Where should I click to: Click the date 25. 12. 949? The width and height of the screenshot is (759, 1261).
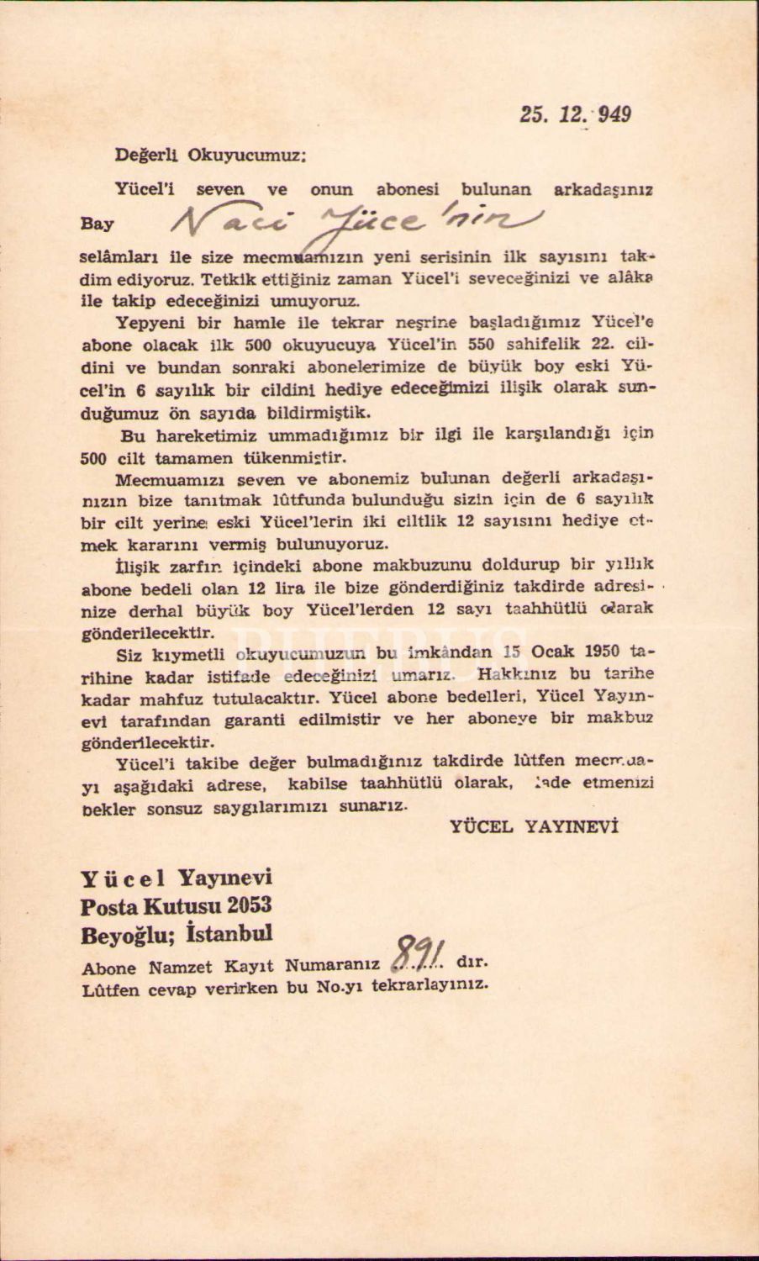coord(575,114)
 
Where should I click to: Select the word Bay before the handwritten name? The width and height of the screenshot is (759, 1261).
coord(97,225)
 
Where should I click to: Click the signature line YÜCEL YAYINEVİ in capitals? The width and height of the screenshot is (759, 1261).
coord(535,826)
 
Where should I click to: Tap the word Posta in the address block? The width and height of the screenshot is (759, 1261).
coord(111,906)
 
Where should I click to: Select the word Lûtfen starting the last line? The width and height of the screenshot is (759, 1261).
coord(109,989)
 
